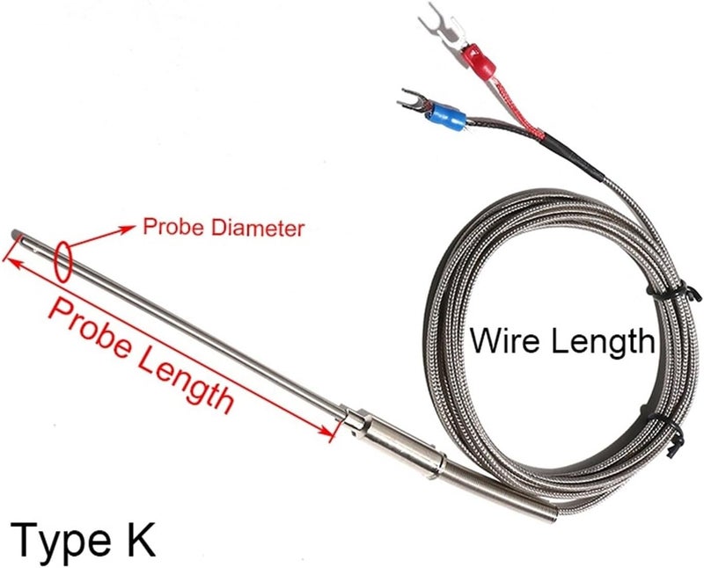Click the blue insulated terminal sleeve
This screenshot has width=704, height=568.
tap(445, 116)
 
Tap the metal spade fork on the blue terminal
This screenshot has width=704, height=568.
tap(413, 101)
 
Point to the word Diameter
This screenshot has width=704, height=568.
tap(258, 228)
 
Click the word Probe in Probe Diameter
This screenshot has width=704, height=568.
tap(174, 227)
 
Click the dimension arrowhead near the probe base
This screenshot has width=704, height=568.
tap(327, 432)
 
